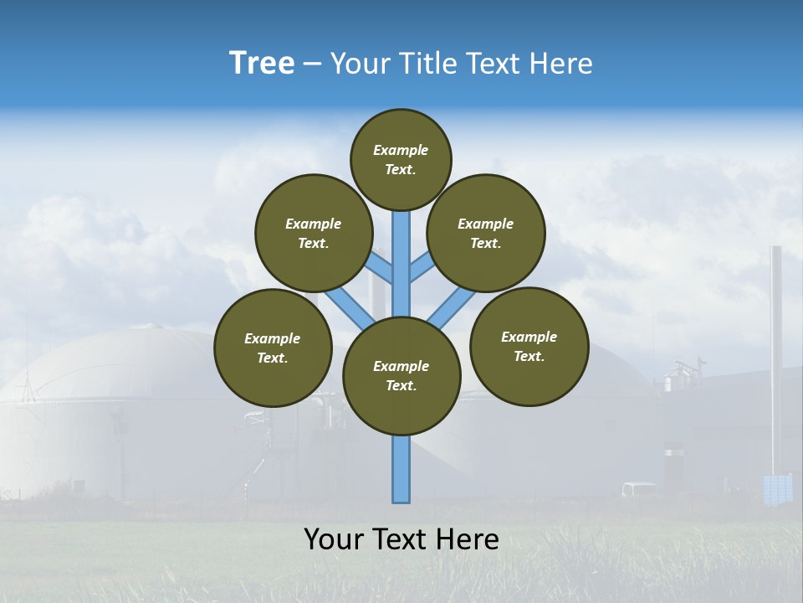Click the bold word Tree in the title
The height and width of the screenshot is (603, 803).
(x=262, y=64)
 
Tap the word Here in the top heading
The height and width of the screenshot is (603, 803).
(x=561, y=64)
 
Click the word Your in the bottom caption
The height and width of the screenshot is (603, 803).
(x=333, y=539)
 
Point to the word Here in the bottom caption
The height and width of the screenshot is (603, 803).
(x=468, y=539)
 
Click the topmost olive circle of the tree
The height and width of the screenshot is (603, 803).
(x=401, y=159)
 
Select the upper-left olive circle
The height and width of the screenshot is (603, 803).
(x=314, y=233)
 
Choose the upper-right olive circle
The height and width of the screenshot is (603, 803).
(x=486, y=233)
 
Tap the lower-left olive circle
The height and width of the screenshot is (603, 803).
(x=273, y=348)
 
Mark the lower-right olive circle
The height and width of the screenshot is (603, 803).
(x=529, y=346)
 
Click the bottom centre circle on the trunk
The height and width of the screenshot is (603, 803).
(x=401, y=376)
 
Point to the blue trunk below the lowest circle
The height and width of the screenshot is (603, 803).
(x=401, y=469)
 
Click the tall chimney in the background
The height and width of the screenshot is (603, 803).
(x=776, y=352)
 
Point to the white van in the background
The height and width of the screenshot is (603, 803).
(x=639, y=489)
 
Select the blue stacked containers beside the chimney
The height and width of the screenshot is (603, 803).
(x=778, y=489)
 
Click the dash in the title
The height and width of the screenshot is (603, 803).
(x=312, y=64)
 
